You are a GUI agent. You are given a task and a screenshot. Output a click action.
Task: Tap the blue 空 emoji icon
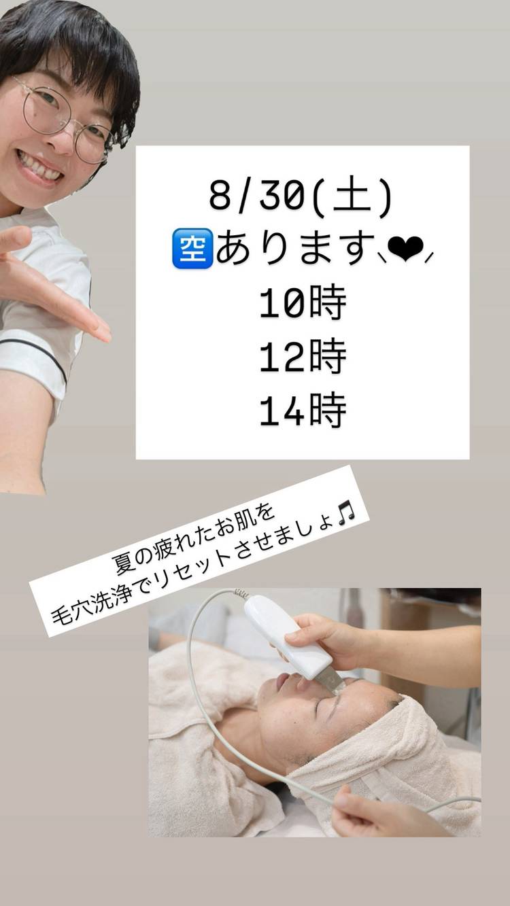pyautogui.click(x=192, y=248)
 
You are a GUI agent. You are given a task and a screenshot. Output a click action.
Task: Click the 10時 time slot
pyautogui.click(x=303, y=303)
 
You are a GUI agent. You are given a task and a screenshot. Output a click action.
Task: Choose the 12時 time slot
pyautogui.click(x=303, y=357)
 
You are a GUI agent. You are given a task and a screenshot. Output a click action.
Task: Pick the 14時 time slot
pyautogui.click(x=303, y=411)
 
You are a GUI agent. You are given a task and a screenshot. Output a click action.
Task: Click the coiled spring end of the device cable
pyautogui.click(x=241, y=594)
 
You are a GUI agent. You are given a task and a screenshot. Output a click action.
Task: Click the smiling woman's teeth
pyautogui.click(x=39, y=167)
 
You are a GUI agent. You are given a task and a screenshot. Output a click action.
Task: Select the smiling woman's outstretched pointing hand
pyautogui.click(x=48, y=283)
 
